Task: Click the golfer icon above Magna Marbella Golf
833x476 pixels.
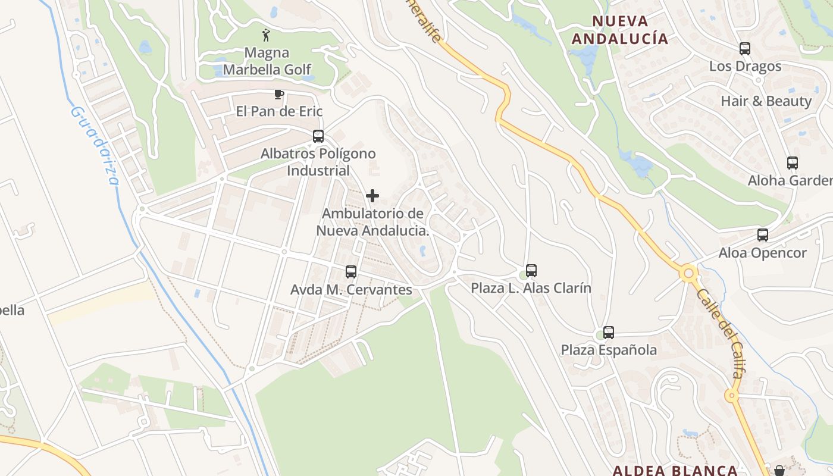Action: click(266, 35)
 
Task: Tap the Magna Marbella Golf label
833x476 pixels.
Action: click(267, 61)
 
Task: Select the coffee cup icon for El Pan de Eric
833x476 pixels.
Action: click(278, 94)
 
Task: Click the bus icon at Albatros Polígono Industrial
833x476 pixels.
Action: click(318, 136)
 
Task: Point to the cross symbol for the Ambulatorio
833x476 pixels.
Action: click(372, 196)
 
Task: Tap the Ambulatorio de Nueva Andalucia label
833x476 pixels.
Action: click(372, 222)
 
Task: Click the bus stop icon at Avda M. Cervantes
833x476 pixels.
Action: click(351, 272)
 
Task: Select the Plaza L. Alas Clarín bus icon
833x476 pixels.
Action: click(531, 271)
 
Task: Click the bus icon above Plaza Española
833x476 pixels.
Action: click(609, 333)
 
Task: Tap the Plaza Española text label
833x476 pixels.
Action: click(609, 350)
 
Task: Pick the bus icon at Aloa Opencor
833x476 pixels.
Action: click(763, 235)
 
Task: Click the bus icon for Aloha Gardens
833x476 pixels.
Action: click(793, 163)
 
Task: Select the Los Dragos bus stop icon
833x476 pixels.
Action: click(745, 49)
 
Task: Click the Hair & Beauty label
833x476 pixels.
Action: click(766, 101)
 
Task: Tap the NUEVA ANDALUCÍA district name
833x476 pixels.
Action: click(619, 30)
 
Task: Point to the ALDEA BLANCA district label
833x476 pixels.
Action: click(675, 470)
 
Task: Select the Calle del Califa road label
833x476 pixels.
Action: click(719, 333)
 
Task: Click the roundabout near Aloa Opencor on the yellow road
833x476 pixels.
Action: click(690, 274)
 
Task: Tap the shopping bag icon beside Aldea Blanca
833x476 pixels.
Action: click(779, 470)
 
